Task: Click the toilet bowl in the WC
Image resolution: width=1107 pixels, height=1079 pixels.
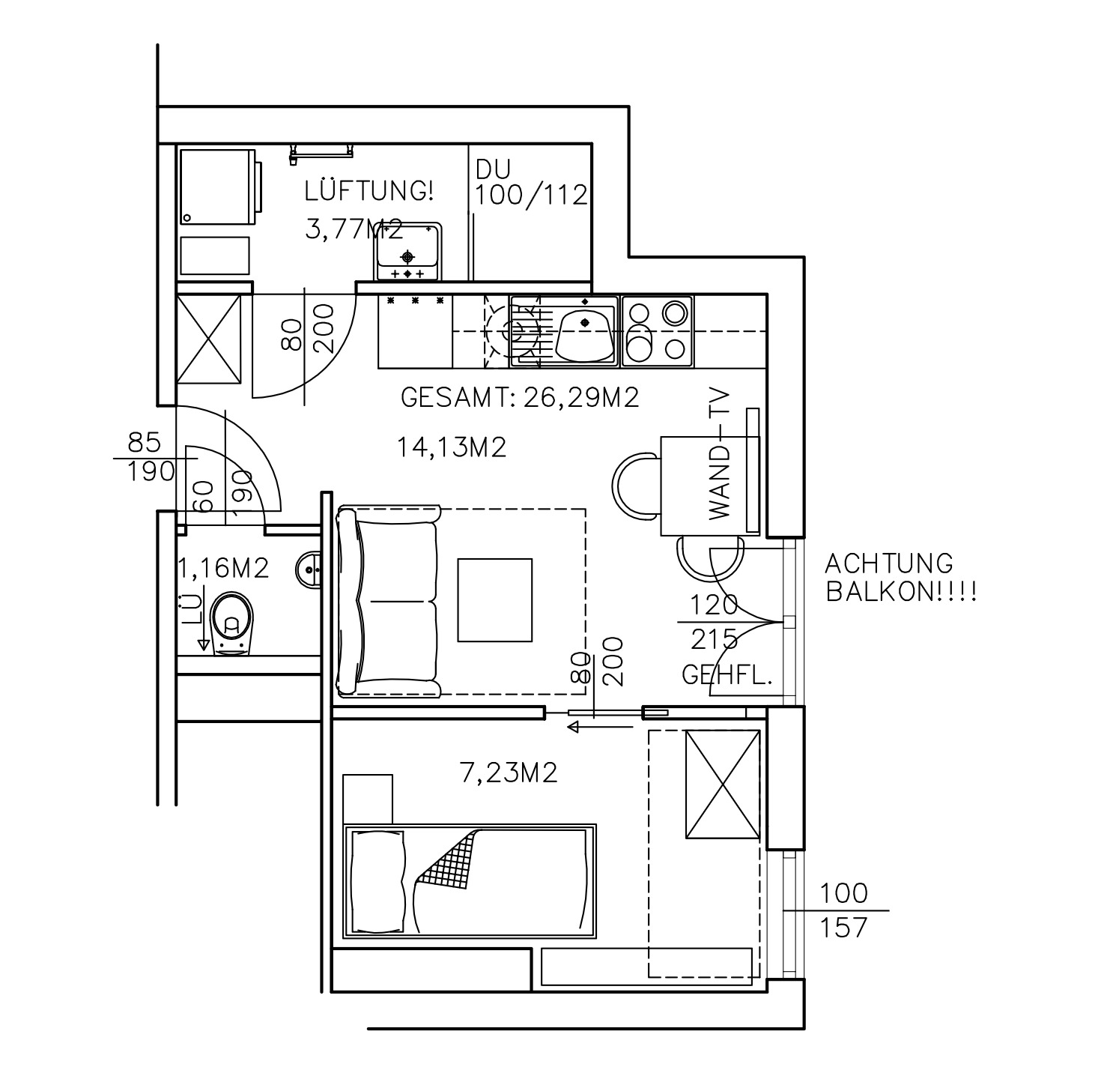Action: click(x=231, y=624)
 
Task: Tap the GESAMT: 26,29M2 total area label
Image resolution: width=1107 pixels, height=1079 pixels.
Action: click(x=520, y=397)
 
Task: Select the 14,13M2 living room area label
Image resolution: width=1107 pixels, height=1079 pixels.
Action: click(x=451, y=447)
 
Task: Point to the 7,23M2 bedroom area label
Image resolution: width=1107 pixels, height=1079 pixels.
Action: click(x=508, y=773)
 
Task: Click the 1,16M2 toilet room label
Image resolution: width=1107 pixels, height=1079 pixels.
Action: click(x=223, y=568)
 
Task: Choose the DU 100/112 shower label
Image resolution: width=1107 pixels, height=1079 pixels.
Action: click(x=531, y=182)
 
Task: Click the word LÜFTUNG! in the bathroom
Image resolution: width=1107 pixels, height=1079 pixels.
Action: click(x=369, y=190)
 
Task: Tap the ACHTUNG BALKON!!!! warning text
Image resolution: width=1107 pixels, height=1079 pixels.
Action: click(x=901, y=578)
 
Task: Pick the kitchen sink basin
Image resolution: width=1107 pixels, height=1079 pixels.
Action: click(x=585, y=336)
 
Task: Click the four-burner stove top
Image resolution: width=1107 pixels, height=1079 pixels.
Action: click(x=657, y=330)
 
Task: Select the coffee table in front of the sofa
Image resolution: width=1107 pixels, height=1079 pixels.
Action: click(x=495, y=600)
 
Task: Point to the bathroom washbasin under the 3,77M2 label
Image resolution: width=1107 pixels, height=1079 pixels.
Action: click(x=407, y=251)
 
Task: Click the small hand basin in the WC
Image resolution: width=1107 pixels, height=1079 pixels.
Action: click(x=309, y=569)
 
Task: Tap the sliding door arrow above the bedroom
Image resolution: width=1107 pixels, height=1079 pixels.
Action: click(x=600, y=727)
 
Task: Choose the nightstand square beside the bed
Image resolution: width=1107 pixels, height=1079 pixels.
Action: click(x=368, y=799)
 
